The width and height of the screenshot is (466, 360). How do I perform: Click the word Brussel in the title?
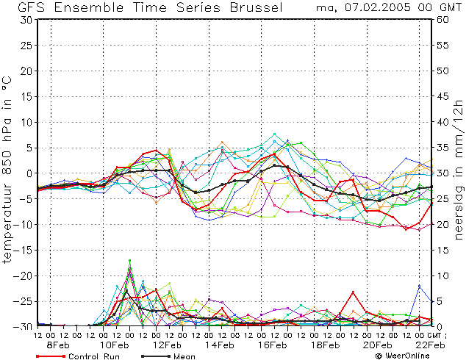[x=257, y=7]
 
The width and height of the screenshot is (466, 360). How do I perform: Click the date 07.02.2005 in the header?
[x=379, y=7]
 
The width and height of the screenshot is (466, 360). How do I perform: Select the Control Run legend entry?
[x=78, y=356]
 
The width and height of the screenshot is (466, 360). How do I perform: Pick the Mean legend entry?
[x=168, y=356]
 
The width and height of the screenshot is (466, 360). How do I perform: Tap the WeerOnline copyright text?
[x=403, y=356]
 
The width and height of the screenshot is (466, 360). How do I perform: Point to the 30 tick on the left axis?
[x=26, y=20]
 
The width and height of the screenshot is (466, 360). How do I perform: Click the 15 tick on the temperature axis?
[x=27, y=96]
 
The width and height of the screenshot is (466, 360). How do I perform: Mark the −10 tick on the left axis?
[x=24, y=225]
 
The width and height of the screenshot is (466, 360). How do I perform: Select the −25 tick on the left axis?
[x=24, y=301]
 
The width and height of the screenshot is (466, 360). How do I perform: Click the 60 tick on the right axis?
[x=442, y=20]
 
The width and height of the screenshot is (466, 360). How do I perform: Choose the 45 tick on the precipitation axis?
[x=442, y=96]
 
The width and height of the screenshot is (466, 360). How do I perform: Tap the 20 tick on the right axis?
[x=442, y=225]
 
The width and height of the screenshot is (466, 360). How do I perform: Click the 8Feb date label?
[x=57, y=345]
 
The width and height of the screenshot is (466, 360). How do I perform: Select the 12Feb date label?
[x=166, y=345]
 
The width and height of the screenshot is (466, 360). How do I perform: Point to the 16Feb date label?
[x=272, y=345]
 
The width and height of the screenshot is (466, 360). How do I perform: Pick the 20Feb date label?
[x=377, y=345]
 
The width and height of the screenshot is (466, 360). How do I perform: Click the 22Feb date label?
[x=430, y=345]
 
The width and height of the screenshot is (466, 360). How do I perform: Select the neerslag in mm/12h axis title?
[x=458, y=169]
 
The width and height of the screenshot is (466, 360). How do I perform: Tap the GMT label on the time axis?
[x=434, y=335]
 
